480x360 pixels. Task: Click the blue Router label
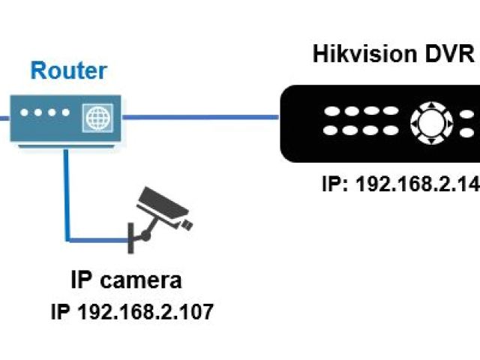[68, 72]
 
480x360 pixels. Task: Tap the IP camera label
[126, 281]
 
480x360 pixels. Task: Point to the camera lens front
[185, 223]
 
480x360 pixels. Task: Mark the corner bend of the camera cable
[68, 239]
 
